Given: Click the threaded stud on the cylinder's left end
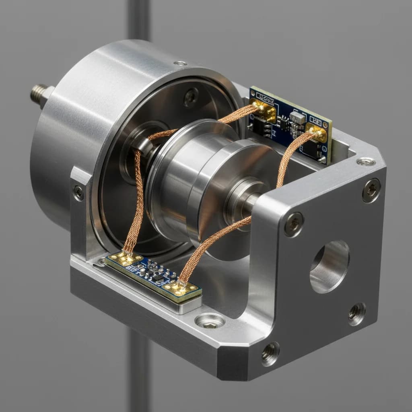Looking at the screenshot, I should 39,94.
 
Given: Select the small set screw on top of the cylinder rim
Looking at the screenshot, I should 180,63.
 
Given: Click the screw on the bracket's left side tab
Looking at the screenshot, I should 78,193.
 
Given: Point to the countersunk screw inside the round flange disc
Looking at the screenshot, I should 191,97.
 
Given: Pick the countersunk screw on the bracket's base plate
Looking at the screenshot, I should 210,321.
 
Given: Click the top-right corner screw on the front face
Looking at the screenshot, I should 371,190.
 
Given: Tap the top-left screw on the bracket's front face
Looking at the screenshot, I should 294,224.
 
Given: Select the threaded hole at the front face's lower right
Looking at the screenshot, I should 356,314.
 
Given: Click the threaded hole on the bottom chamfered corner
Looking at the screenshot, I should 270,353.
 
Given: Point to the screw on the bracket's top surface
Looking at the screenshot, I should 366,162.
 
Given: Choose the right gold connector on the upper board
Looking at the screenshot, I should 317,133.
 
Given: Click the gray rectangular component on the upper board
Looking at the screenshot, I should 297,117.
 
